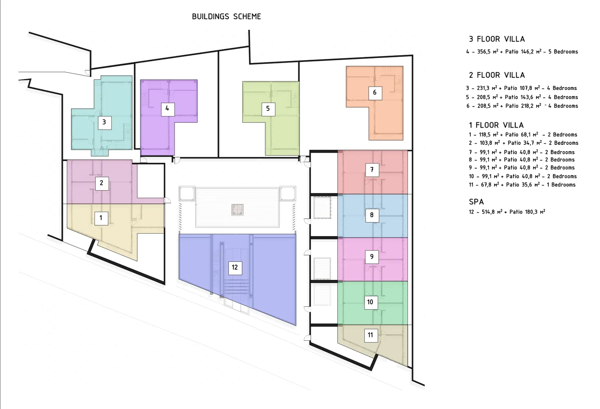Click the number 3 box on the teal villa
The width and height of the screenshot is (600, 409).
[x=104, y=123]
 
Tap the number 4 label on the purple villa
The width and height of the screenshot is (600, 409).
[x=168, y=109]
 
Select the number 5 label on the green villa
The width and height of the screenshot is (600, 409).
[x=268, y=109]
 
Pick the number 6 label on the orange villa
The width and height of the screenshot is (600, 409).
[x=375, y=93]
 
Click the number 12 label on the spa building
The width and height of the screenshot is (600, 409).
[x=235, y=268]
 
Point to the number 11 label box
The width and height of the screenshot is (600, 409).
[x=371, y=336]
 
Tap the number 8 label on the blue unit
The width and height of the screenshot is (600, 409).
[x=372, y=215]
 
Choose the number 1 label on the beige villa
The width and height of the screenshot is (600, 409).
[x=101, y=218]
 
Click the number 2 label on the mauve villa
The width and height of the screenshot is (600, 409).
[x=102, y=183]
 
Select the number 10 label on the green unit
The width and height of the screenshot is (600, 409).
[x=371, y=303]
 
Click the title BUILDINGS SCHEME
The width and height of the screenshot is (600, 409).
[x=227, y=17]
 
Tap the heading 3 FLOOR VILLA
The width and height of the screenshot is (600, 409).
[x=497, y=39]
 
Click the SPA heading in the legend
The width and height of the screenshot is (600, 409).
[x=476, y=202]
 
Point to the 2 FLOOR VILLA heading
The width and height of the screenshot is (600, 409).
[x=497, y=75]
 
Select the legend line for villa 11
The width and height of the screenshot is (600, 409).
[x=522, y=185]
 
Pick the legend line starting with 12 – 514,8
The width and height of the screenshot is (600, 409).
[x=507, y=212]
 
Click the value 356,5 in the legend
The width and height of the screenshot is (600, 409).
[x=485, y=52]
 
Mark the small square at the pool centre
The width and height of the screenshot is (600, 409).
[x=238, y=210]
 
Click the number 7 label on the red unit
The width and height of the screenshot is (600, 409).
[x=372, y=170]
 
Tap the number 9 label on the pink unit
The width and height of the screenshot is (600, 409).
[x=372, y=257]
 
